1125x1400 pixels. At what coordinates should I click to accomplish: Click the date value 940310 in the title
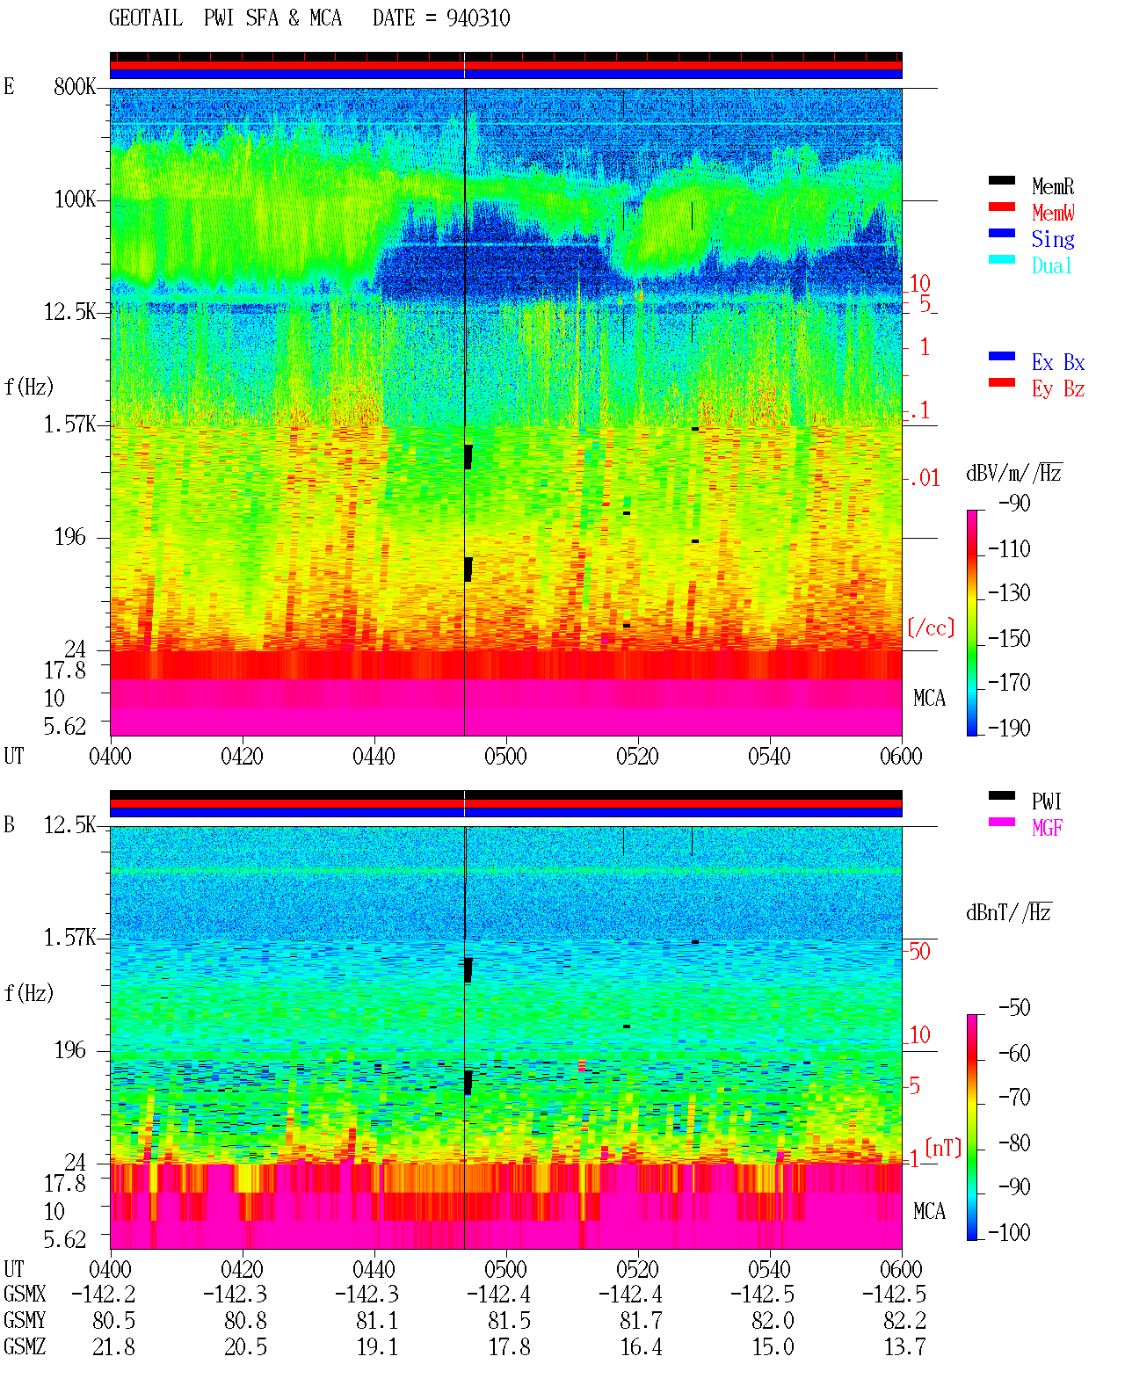click(x=477, y=18)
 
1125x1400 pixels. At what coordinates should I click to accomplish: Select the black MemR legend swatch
click(x=1001, y=180)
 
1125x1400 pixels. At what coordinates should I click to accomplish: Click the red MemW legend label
click(x=1053, y=213)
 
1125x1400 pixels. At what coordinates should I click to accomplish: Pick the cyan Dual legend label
click(x=1051, y=265)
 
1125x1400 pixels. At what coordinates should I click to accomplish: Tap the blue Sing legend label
click(x=1052, y=239)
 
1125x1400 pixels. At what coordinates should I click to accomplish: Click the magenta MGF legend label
click(x=1047, y=828)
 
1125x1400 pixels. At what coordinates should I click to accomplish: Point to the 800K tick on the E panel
click(x=75, y=86)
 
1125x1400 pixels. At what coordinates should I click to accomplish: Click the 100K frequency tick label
click(x=75, y=199)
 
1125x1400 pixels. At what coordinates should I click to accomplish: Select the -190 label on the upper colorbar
click(x=1009, y=728)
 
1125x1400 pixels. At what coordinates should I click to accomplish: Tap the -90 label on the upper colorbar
click(x=1014, y=503)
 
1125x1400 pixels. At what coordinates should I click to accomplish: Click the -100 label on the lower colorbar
click(x=1009, y=1232)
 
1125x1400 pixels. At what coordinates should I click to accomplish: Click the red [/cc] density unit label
click(x=931, y=627)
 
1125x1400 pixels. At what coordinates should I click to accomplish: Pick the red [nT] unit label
click(x=943, y=1148)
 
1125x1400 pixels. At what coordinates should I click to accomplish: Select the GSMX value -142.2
click(x=104, y=1294)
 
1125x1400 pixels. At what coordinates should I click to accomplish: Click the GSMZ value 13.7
click(x=905, y=1346)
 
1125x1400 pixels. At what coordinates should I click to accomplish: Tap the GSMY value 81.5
click(x=510, y=1321)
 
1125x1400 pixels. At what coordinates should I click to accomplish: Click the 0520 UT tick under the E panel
click(x=638, y=757)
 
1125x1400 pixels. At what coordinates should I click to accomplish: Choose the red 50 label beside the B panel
click(x=919, y=952)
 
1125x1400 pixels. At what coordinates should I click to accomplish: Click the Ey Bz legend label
click(x=1058, y=389)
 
